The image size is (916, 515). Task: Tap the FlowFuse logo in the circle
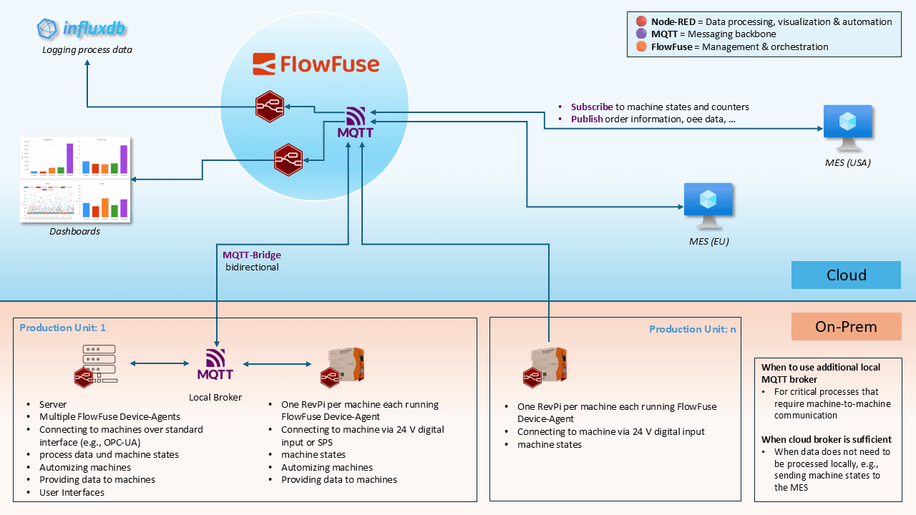point(316,64)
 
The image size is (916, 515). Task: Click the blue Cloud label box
point(846,275)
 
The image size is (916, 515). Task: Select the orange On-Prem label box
point(846,327)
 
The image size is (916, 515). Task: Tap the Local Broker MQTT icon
point(215,364)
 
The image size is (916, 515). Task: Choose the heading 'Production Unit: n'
point(691,329)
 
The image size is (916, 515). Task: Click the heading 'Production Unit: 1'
point(62,328)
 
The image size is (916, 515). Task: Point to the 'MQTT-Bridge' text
point(251,255)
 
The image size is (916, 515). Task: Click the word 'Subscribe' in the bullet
point(592,107)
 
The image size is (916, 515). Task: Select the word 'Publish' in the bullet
point(587,119)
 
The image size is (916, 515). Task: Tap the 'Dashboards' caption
point(74,232)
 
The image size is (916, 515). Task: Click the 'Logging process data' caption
point(87,50)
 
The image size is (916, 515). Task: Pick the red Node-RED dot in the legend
point(641,21)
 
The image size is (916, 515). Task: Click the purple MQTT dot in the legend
point(641,34)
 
